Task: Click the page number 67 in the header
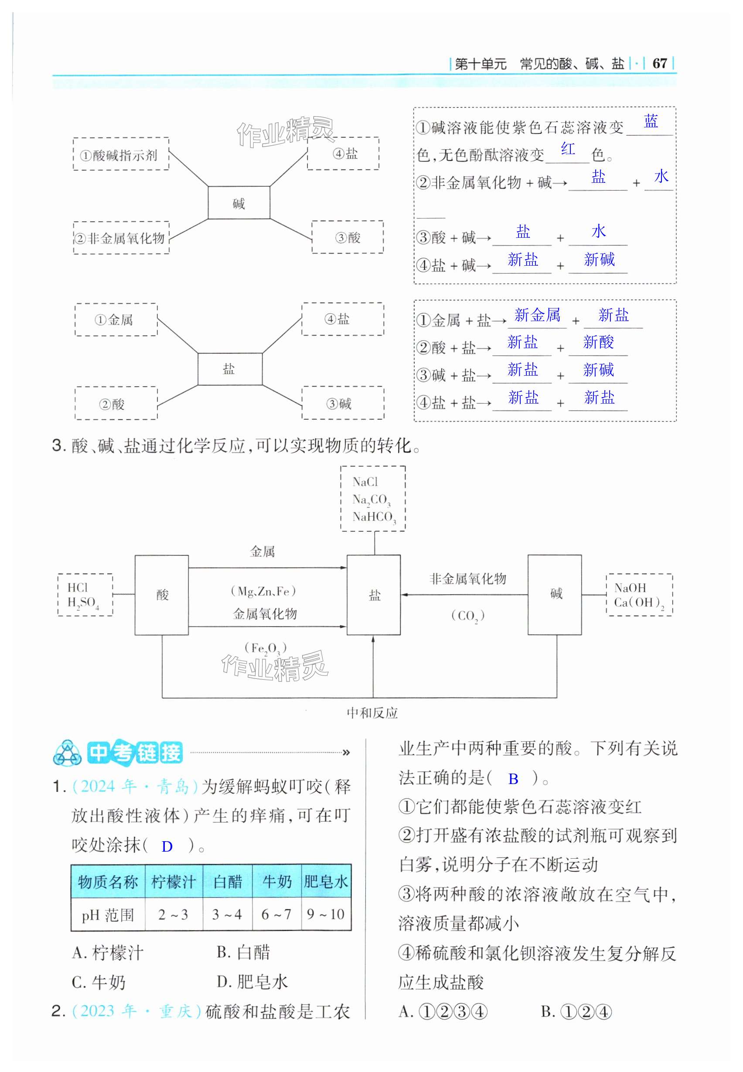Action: point(659,63)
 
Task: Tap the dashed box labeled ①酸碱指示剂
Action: point(121,154)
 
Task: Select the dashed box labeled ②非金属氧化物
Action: point(121,238)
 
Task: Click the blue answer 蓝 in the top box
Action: point(651,122)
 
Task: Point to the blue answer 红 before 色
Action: point(567,149)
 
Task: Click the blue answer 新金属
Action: point(537,315)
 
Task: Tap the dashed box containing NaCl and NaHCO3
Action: point(373,499)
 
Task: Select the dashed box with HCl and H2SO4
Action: point(85,595)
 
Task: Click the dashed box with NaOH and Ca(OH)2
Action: point(639,595)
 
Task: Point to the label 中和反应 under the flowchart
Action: point(372,713)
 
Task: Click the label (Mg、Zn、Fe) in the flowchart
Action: point(263,591)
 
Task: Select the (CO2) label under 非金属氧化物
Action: point(467,616)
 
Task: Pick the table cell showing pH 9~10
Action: point(325,914)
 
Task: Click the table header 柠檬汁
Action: point(174,881)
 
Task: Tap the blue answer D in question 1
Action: point(167,846)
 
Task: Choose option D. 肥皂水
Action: point(252,982)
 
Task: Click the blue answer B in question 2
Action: point(513,779)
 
